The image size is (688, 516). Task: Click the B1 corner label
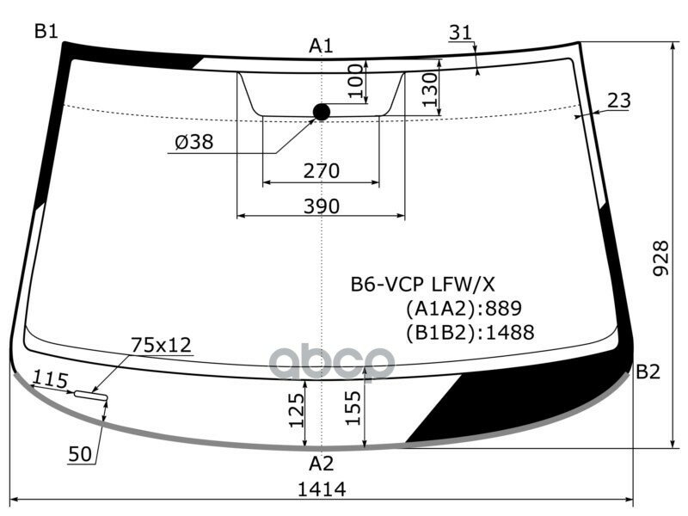[46, 32]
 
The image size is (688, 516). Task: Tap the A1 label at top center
[321, 46]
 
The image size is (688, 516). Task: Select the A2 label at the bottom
[321, 464]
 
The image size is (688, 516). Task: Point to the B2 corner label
[648, 372]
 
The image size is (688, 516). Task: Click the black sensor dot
[322, 112]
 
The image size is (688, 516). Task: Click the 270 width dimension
[321, 171]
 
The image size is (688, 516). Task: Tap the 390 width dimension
[321, 206]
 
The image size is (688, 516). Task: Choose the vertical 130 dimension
[430, 89]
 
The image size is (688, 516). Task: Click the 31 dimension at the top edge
[461, 33]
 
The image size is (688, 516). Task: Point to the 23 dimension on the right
[618, 101]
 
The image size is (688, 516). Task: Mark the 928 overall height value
[660, 258]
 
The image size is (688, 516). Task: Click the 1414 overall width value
[321, 489]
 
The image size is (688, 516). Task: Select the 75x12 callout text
[161, 345]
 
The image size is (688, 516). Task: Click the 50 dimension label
[80, 455]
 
